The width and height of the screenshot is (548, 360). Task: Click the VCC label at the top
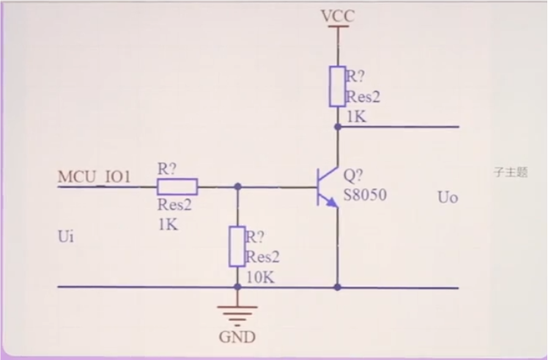pyautogui.click(x=338, y=15)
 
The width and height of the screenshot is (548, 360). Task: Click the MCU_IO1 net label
pyautogui.click(x=94, y=177)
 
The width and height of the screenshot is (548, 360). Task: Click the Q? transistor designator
pyautogui.click(x=353, y=176)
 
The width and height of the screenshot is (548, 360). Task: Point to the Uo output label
pyautogui.click(x=448, y=197)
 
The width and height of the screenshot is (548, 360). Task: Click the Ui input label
pyautogui.click(x=65, y=237)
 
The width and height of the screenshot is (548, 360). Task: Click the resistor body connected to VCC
pyautogui.click(x=338, y=86)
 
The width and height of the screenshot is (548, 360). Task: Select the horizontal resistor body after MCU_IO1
pyautogui.click(x=177, y=185)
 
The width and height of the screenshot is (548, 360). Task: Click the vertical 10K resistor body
pyautogui.click(x=237, y=246)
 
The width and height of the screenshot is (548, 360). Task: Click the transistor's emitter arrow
pyautogui.click(x=331, y=200)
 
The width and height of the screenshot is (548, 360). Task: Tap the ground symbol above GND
pyautogui.click(x=237, y=313)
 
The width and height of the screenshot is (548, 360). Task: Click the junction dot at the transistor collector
pyautogui.click(x=338, y=127)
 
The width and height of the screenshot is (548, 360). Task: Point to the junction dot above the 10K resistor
pyautogui.click(x=237, y=186)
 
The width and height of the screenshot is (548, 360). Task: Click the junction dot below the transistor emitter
pyautogui.click(x=338, y=287)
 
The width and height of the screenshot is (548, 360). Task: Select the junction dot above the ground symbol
pyautogui.click(x=237, y=287)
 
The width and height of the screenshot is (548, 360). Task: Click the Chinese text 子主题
pyautogui.click(x=511, y=173)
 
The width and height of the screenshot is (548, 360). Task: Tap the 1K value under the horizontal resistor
pyautogui.click(x=167, y=224)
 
